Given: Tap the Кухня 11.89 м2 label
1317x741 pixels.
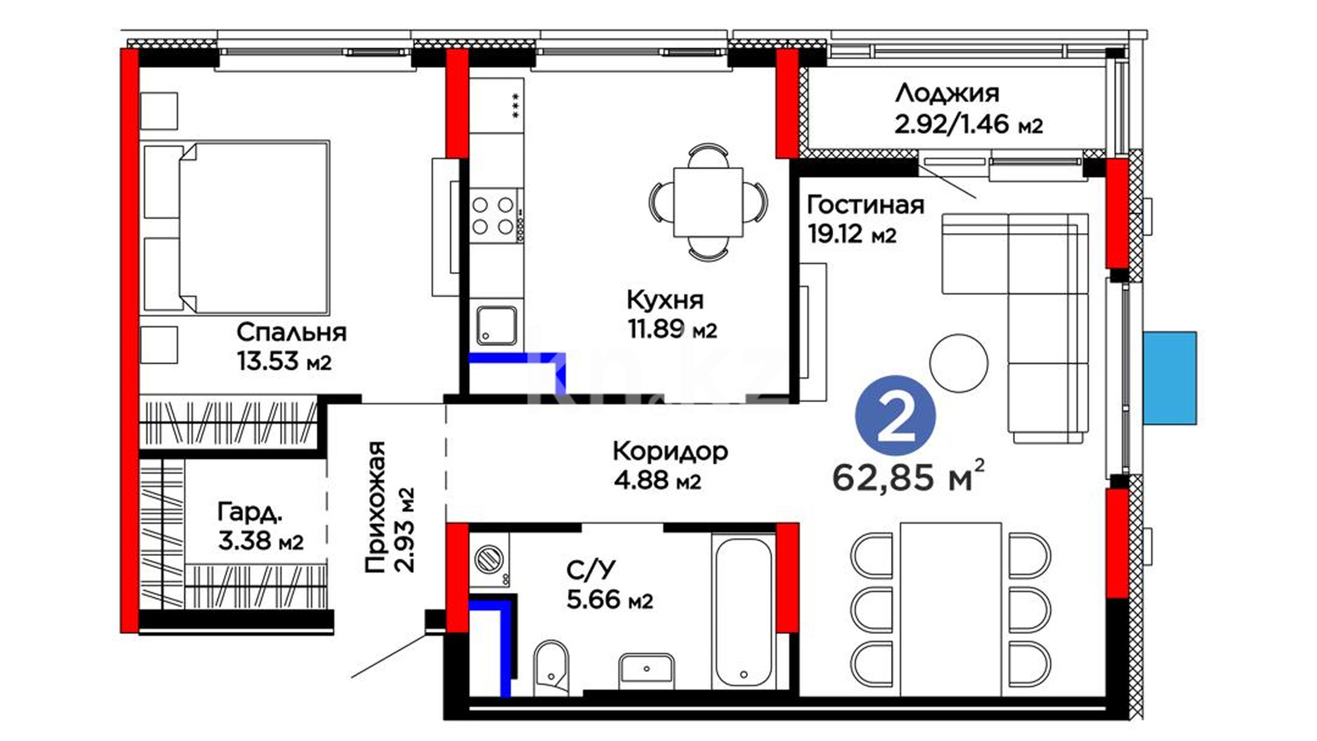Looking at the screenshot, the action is point(672,314).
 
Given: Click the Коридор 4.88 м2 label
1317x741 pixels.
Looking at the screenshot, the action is point(670,465).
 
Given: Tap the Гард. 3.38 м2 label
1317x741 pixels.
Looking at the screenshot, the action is point(261,526).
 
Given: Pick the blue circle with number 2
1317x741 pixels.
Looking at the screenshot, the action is point(895,416).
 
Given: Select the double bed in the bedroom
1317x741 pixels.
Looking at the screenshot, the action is point(235,227).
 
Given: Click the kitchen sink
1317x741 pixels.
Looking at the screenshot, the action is point(497,325).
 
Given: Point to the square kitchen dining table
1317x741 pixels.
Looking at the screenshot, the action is point(709,202).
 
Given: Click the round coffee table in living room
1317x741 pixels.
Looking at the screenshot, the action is point(958,363).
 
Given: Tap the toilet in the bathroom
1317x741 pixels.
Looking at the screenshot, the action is point(551,665).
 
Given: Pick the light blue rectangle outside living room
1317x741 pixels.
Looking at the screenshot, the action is point(1170,377).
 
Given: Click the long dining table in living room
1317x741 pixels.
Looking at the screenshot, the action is point(951,609).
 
